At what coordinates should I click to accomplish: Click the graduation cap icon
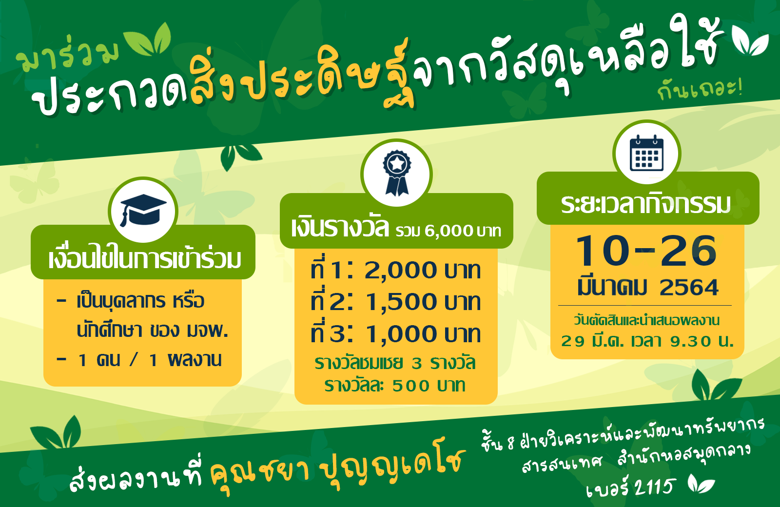(143, 210)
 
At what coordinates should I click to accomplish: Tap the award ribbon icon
(397, 173)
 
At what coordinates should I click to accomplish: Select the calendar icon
(646, 153)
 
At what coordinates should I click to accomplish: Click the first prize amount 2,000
(400, 271)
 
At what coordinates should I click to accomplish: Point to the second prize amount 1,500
(400, 302)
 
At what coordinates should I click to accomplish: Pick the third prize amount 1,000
(400, 334)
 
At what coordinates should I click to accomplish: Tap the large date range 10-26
(646, 251)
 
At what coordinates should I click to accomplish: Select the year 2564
(689, 288)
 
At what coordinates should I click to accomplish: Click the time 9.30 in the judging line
(691, 342)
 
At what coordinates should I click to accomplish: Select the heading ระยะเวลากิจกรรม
(646, 204)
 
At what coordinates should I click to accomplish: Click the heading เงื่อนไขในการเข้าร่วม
(144, 259)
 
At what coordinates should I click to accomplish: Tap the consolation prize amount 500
(411, 386)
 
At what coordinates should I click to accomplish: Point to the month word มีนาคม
(612, 288)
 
